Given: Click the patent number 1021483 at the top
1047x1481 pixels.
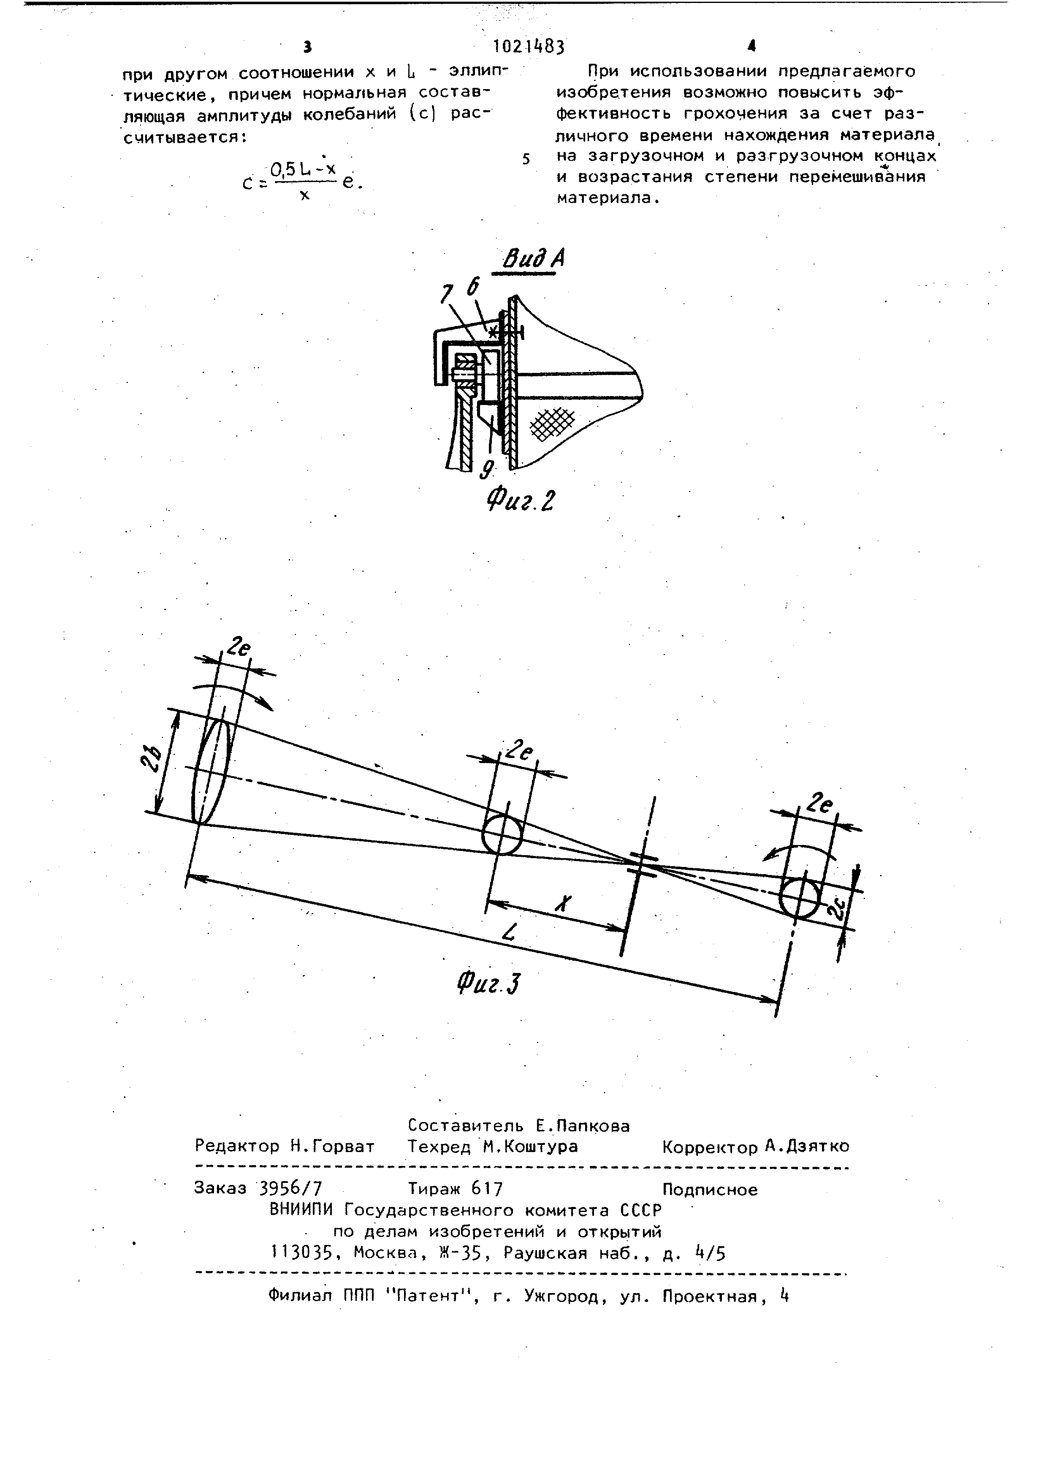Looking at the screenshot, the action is pyautogui.click(x=528, y=46).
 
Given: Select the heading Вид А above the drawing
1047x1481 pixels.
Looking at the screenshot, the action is pyautogui.click(x=533, y=259).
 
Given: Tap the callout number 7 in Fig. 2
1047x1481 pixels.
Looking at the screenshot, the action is pyautogui.click(x=446, y=294).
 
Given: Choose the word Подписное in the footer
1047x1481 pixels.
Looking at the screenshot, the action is pyautogui.click(x=710, y=1189).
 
